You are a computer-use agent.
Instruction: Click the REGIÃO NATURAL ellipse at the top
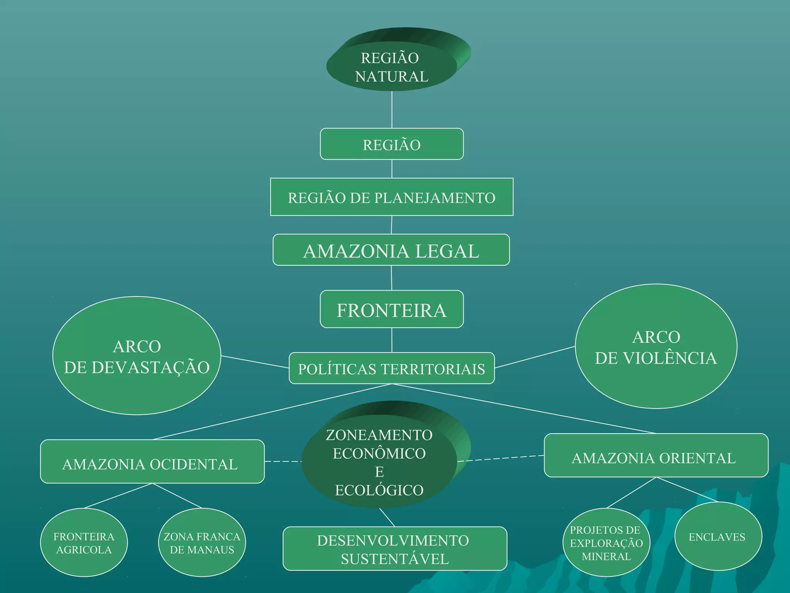[392, 67]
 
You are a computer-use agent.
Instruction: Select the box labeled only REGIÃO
[392, 144]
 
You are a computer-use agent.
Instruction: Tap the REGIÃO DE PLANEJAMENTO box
[392, 197]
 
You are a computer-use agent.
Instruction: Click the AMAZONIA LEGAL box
[391, 250]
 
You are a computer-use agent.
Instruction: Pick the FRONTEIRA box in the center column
[392, 309]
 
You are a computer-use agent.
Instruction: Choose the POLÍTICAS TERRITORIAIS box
[392, 368]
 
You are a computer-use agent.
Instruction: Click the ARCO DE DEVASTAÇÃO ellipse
[137, 356]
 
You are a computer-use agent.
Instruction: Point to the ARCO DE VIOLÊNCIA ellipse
[656, 347]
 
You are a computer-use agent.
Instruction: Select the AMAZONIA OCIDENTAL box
[152, 462]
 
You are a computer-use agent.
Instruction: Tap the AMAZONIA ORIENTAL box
[656, 456]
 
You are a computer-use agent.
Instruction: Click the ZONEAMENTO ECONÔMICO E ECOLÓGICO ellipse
[379, 462]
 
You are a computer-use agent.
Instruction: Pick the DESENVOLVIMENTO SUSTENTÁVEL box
[395, 549]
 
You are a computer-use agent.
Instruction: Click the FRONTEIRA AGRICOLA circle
[84, 543]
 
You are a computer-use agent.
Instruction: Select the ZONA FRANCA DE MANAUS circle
[202, 543]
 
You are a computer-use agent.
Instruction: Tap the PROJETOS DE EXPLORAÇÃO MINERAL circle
[606, 543]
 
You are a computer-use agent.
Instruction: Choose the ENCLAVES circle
[718, 537]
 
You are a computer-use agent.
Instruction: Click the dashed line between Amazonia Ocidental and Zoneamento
[283, 461]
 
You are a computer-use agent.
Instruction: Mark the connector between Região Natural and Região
[392, 110]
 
